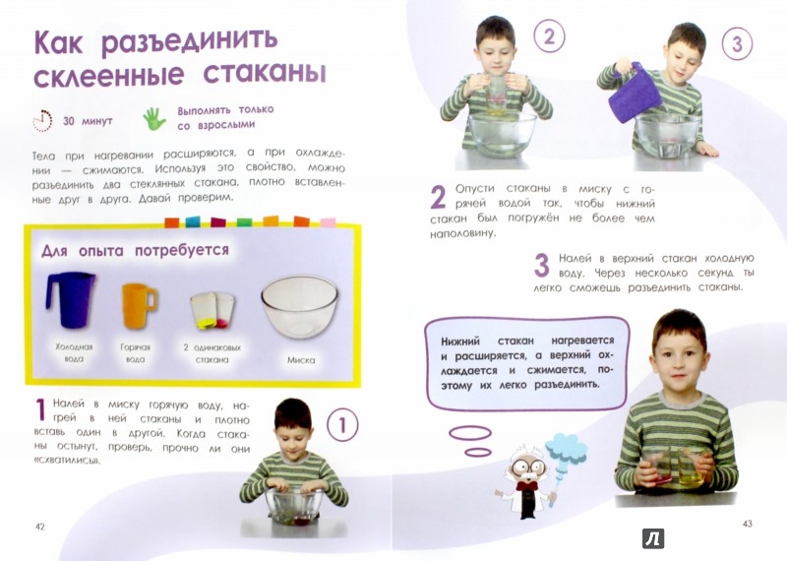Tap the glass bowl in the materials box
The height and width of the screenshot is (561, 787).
click(x=300, y=306)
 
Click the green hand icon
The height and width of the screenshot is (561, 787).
click(x=154, y=120)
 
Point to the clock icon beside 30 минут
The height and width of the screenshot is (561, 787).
click(x=41, y=121)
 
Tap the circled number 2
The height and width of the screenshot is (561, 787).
click(x=550, y=38)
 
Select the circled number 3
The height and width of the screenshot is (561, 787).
click(x=735, y=43)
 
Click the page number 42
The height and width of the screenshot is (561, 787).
click(x=40, y=527)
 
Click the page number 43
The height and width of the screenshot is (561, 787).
click(x=747, y=523)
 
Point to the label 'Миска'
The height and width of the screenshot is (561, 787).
click(x=301, y=360)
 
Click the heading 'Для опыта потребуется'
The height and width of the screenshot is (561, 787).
click(x=135, y=250)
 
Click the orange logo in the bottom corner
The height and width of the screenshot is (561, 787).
click(x=653, y=537)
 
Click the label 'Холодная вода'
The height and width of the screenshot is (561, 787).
click(x=74, y=353)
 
